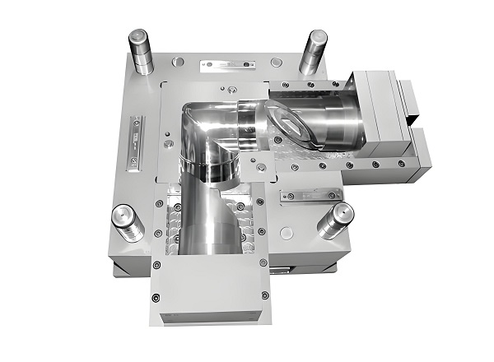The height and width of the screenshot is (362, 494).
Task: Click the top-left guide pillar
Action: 138,52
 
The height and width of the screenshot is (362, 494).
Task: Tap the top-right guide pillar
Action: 313,52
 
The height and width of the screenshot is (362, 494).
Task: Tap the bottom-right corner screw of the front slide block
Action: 264,295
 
